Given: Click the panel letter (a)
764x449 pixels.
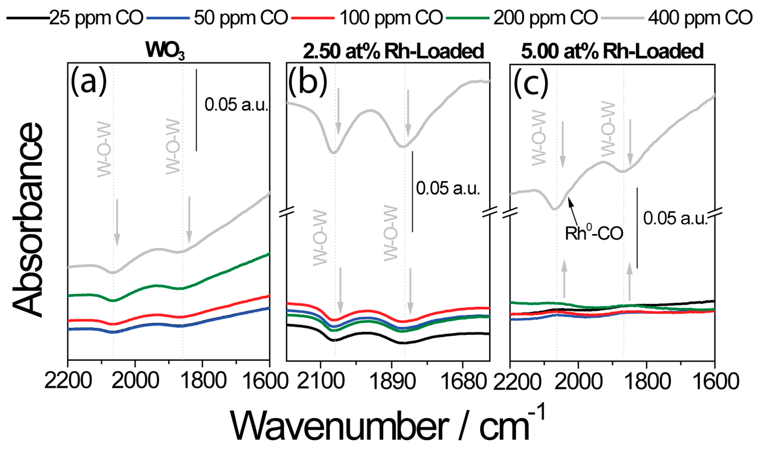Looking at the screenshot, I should [89, 82].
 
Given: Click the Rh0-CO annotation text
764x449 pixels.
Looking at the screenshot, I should [594, 233].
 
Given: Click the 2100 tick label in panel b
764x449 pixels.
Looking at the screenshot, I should [321, 381].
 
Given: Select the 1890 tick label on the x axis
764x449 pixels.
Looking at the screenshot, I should [392, 381].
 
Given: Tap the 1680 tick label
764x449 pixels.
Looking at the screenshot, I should [463, 381].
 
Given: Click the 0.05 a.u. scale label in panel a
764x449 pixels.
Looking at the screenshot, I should [236, 105].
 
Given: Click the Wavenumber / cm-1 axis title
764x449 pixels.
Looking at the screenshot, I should [387, 426].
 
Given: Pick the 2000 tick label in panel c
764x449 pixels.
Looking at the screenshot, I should [579, 381].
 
